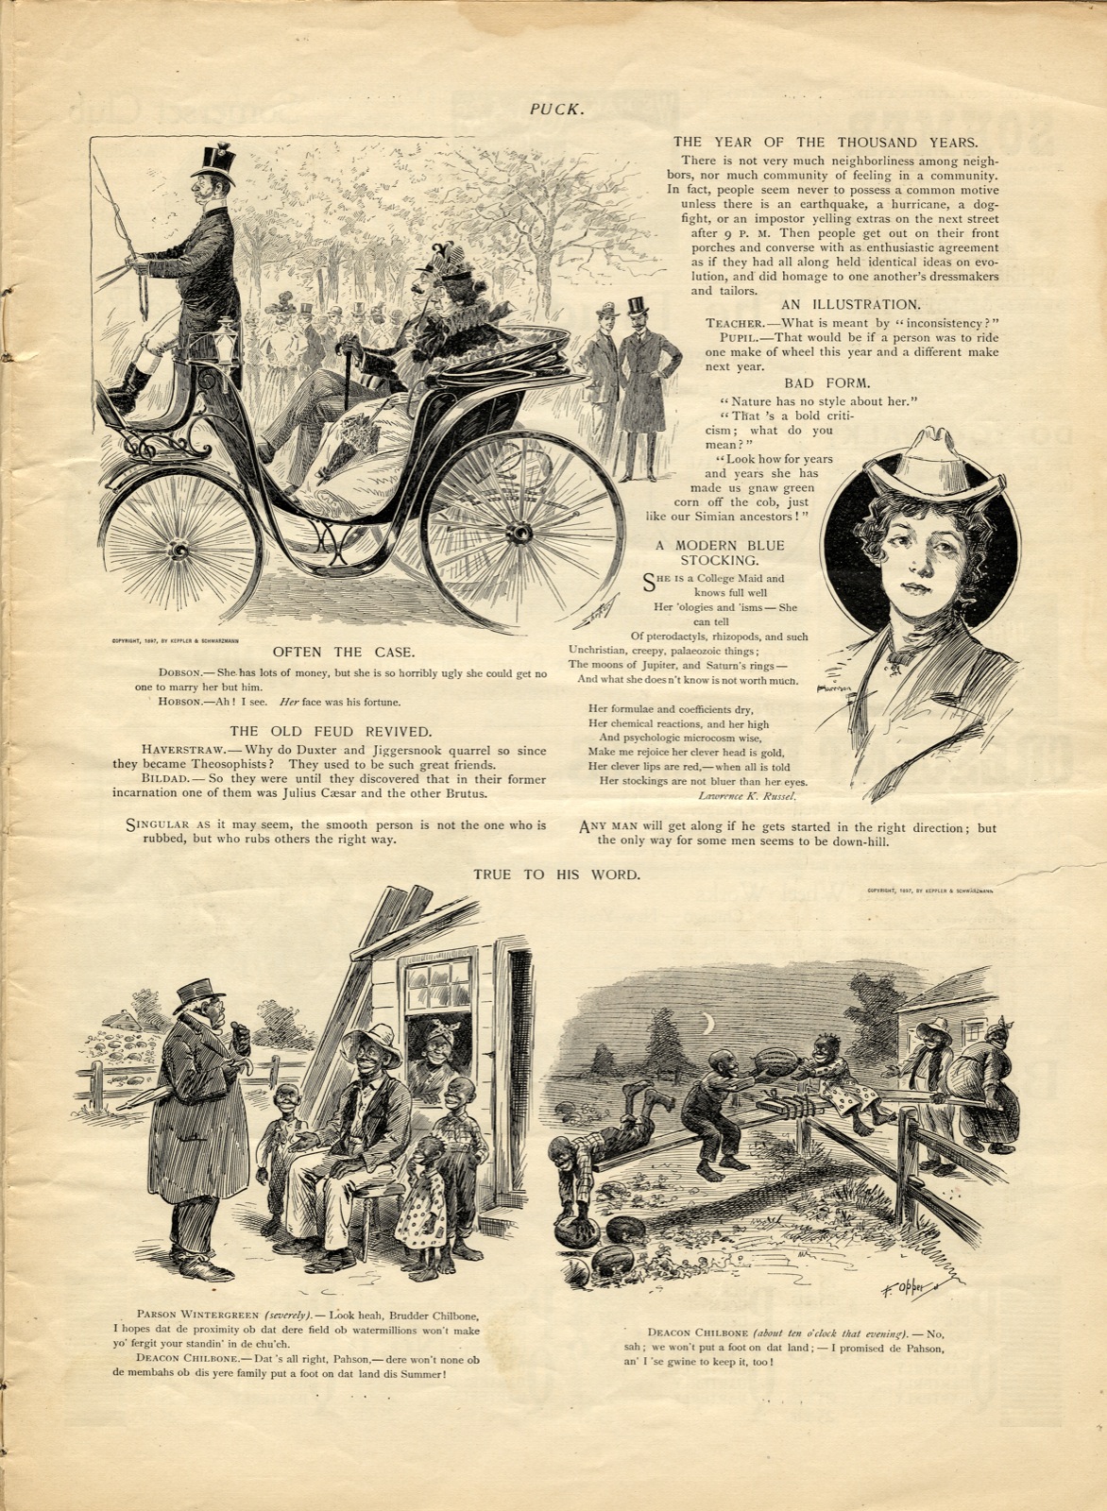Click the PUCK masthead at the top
tap(556, 109)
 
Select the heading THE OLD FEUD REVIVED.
tap(331, 730)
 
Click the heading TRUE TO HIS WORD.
tap(556, 874)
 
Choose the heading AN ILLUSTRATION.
tap(850, 304)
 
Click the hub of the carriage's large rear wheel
tap(519, 534)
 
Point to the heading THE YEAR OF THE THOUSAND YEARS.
tap(825, 142)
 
